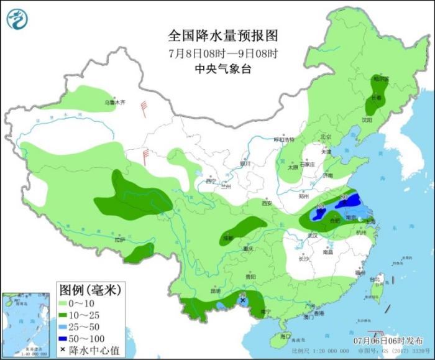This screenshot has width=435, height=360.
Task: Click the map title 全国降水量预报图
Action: click(x=222, y=35)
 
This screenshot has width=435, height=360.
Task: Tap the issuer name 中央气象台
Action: click(x=222, y=69)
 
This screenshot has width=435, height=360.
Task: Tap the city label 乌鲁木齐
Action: click(x=114, y=103)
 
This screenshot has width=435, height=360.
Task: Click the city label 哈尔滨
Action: click(x=380, y=79)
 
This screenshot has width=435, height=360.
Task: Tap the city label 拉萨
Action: click(x=120, y=239)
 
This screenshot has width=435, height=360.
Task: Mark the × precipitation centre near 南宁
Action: click(x=242, y=300)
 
